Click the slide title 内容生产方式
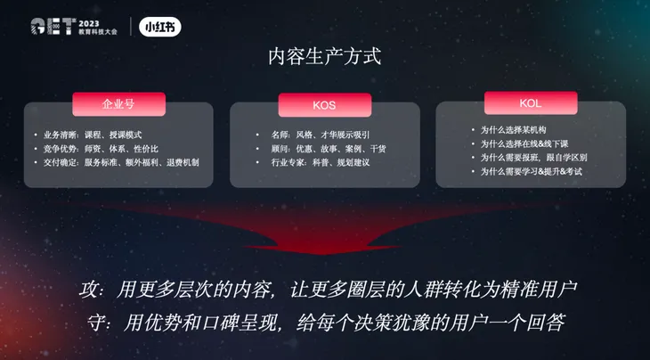click(x=324, y=57)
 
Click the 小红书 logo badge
click(x=160, y=27)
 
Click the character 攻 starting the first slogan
click(x=84, y=290)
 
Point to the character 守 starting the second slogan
click(x=84, y=322)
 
